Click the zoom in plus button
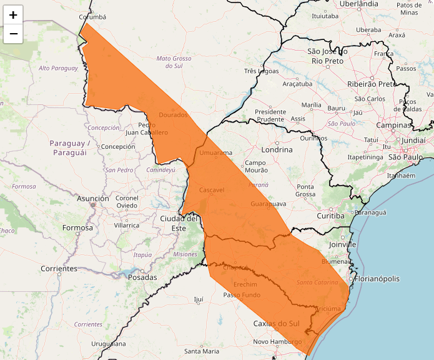tap(13, 15)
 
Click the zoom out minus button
tap(13, 33)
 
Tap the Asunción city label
tap(93, 198)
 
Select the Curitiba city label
tap(330, 216)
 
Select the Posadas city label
tap(142, 277)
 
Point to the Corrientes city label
tap(59, 268)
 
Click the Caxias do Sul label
tap(277, 323)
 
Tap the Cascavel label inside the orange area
tap(212, 189)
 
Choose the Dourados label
tap(173, 115)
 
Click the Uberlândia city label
tap(358, 4)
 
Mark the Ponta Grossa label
tap(305, 191)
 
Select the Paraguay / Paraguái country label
tap(71, 147)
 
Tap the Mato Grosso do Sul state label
tap(174, 62)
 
